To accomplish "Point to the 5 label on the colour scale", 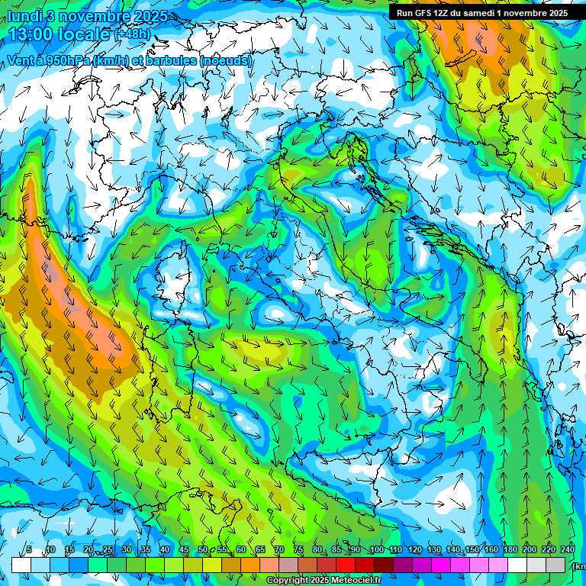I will tap(29, 549).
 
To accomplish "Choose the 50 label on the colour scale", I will tap(202, 549).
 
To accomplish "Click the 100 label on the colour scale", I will tap(376, 549).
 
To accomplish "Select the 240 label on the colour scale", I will tap(567, 549).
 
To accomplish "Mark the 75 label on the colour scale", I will tap(298, 549).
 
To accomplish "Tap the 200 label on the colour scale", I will tap(529, 549).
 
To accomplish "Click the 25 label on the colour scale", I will tap(107, 549).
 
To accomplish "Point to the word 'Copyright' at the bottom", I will tap(287, 581).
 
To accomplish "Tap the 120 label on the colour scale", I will tap(414, 549).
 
